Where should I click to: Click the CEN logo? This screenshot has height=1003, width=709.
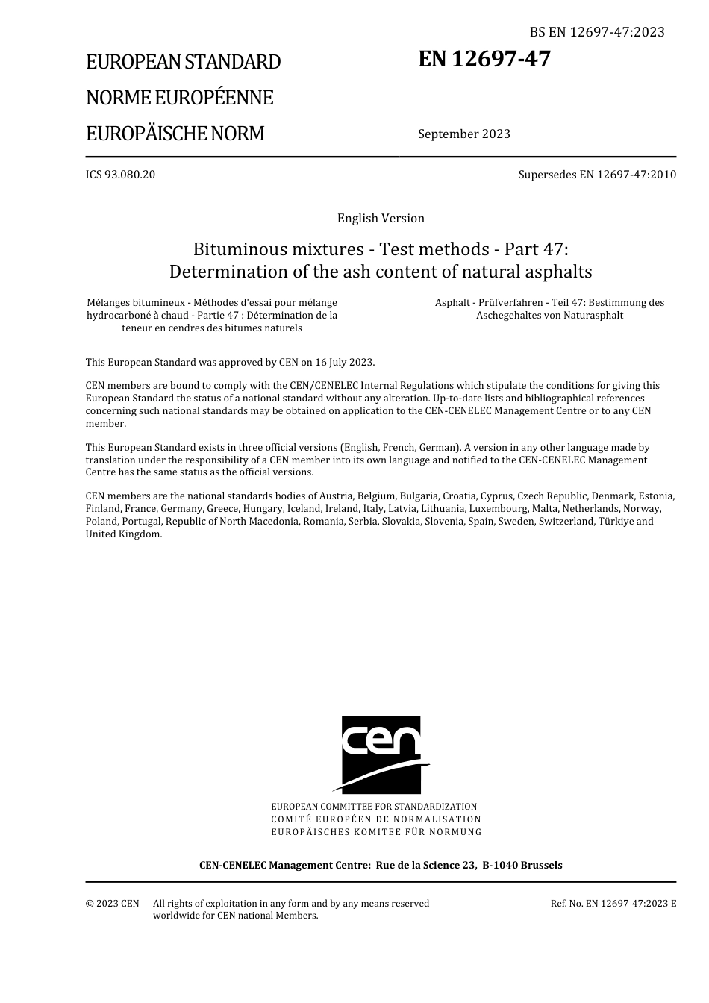[x=381, y=754]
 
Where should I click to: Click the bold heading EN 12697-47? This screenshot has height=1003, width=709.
[x=484, y=59]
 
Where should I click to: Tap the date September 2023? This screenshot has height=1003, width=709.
[x=464, y=134]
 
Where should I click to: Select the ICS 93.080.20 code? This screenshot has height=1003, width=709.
[x=120, y=175]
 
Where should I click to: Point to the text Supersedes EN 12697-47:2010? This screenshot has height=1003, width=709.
[x=597, y=175]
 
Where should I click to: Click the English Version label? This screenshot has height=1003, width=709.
[x=381, y=219]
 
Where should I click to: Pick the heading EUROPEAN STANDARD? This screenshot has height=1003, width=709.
[x=183, y=62]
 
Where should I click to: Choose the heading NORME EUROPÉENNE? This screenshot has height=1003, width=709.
[x=179, y=98]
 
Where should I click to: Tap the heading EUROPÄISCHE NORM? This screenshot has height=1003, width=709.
[x=175, y=134]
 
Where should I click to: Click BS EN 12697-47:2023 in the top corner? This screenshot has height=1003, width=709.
[x=597, y=32]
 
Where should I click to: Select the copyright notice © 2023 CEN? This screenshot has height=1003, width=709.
[x=112, y=904]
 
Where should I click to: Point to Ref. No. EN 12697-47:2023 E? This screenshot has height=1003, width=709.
[x=613, y=904]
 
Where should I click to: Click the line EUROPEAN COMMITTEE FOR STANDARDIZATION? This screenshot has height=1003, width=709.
[x=374, y=807]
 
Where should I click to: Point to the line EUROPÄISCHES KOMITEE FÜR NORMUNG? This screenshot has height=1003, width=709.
[x=376, y=832]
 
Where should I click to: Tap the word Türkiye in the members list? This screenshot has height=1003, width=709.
[x=616, y=522]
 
